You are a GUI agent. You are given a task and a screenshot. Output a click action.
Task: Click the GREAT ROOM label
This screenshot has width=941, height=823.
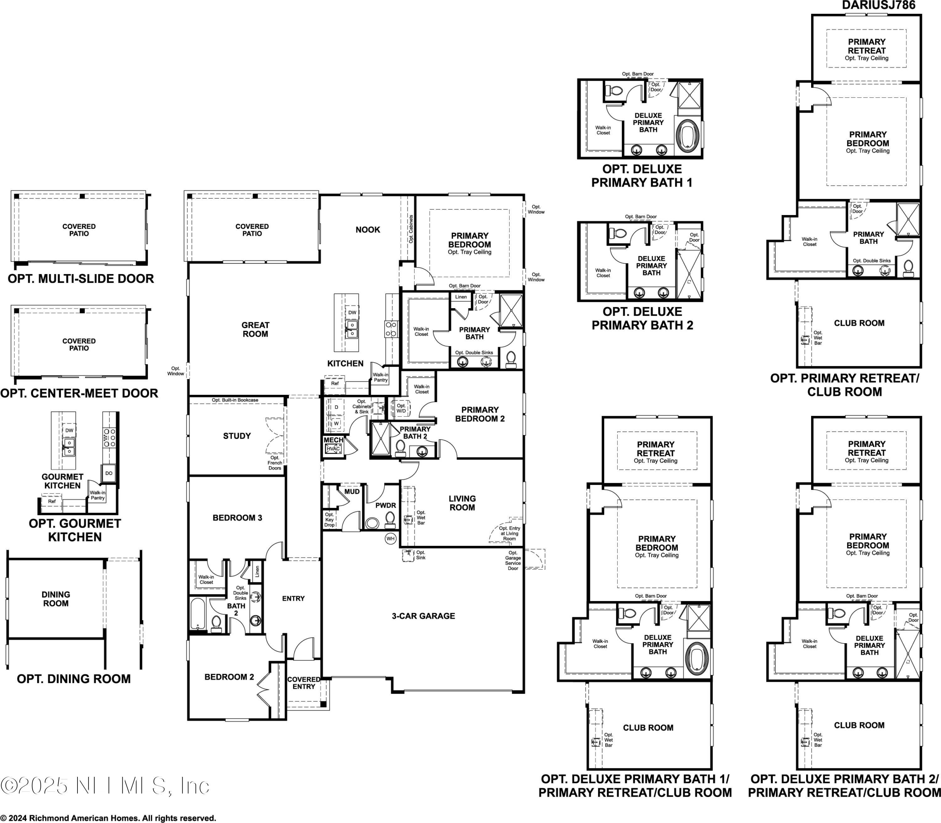(x=255, y=329)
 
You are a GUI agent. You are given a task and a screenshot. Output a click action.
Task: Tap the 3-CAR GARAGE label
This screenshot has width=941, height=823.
(x=423, y=616)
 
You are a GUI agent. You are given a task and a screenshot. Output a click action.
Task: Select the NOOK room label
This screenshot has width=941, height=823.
(x=368, y=230)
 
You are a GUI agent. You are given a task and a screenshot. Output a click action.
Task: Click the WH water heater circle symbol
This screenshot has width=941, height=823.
(x=390, y=539)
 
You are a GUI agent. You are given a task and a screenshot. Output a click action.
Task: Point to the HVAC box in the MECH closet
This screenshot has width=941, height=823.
(x=333, y=449)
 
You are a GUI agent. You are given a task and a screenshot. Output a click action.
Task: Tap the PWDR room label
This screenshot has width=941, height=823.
(x=385, y=505)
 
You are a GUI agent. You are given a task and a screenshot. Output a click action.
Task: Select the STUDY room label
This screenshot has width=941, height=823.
(x=237, y=436)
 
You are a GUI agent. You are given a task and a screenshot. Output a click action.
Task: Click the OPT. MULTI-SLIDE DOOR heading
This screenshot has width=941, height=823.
(x=81, y=279)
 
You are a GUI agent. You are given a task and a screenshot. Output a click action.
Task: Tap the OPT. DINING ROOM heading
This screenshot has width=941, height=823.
(x=73, y=679)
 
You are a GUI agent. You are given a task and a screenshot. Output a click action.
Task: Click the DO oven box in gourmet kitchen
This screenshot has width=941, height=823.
(x=109, y=473)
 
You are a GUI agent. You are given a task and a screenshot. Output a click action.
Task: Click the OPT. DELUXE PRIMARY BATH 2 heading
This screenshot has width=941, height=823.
(x=642, y=318)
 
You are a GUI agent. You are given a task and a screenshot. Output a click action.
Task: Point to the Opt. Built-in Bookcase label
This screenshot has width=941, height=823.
(x=235, y=400)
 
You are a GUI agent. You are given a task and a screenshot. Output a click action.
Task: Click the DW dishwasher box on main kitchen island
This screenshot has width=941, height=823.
(x=352, y=312)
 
